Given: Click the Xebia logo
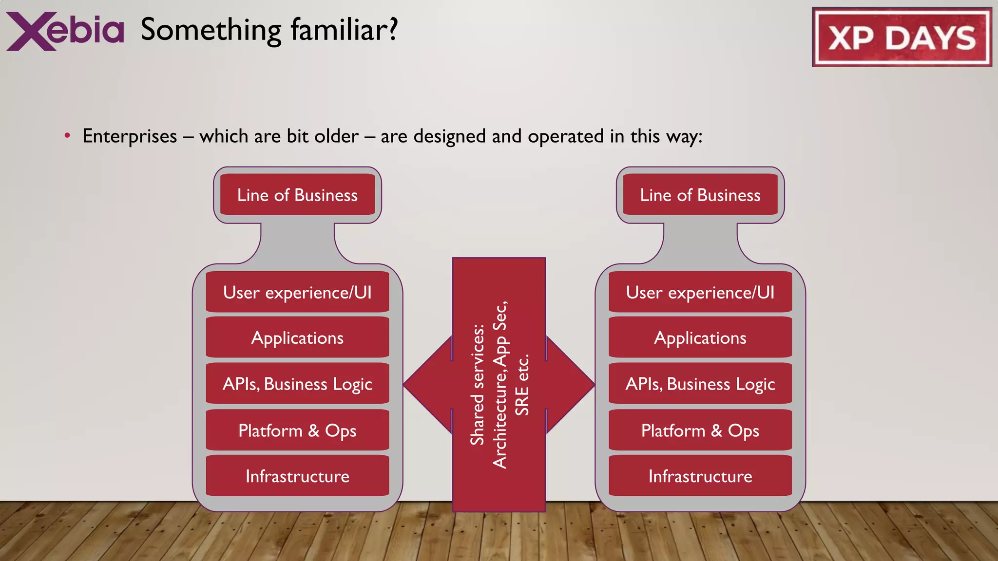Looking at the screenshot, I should point(65,31).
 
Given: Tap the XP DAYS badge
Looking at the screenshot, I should point(902,37).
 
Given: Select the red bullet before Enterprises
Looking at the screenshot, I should point(67,135).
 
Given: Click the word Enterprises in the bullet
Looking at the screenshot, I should point(130,136).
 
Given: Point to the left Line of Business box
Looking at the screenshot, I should point(297,195).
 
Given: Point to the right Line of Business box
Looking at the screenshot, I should point(700,195).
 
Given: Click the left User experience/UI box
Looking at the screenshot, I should point(297,292).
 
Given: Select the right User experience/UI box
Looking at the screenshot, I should point(700,292).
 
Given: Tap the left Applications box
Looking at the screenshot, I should point(297,337).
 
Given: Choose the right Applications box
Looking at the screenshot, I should point(700,337).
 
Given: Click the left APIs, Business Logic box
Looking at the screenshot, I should point(297,384).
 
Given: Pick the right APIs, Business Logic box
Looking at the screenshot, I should point(700,384).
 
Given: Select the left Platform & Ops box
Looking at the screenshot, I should point(297,430).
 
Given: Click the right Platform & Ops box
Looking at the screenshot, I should point(700,430).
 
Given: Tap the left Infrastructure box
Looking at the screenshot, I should point(297,476).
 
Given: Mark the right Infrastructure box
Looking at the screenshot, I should point(700,476).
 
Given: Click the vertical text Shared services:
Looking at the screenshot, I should point(477,385).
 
